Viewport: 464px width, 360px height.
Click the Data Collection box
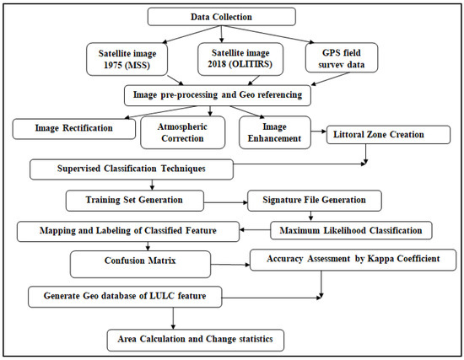point(221,17)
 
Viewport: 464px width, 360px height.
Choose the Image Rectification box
point(73,128)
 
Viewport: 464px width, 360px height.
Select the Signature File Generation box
point(313,201)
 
